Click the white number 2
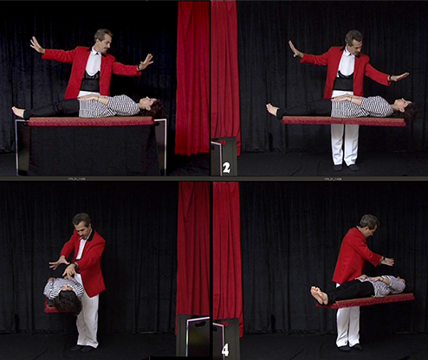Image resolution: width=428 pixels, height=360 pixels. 226,168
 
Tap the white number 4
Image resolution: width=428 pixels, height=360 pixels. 225,350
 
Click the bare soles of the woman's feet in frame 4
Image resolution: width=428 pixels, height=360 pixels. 320,295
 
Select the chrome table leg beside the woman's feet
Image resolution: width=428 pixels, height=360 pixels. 17,147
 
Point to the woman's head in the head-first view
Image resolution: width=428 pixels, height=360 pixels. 67,301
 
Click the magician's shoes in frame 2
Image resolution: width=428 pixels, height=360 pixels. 345,168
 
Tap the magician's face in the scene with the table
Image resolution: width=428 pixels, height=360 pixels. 104,42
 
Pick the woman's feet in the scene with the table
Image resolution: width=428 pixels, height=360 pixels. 19,112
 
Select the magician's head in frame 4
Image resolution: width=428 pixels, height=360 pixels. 368,224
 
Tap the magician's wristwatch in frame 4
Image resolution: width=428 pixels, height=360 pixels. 383,259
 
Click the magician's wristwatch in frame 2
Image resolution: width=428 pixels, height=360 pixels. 391,78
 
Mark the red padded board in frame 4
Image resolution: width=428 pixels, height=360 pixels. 366,301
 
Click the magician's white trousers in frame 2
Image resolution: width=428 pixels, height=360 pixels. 345,144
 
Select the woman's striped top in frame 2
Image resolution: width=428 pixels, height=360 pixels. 361,106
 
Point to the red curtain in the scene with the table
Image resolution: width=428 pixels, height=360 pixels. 192,78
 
